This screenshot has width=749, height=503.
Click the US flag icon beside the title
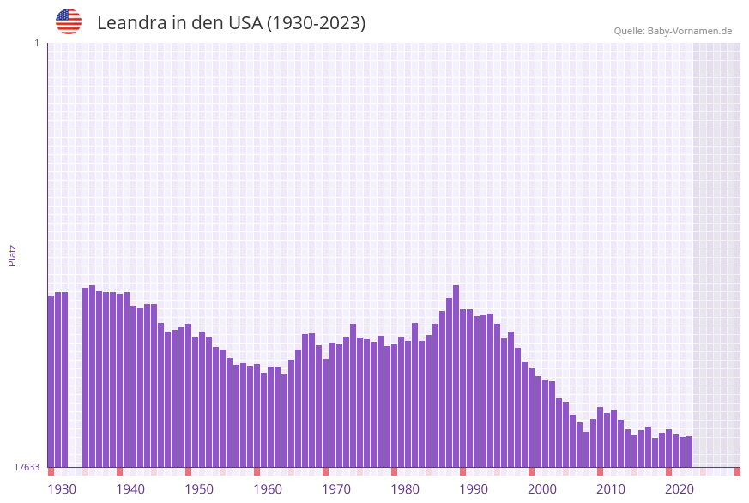tap(69, 21)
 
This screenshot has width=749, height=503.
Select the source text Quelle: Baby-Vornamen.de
tap(673, 31)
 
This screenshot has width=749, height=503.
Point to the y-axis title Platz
tap(12, 254)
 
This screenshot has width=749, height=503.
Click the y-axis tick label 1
tap(36, 43)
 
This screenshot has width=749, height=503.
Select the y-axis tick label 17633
tap(27, 467)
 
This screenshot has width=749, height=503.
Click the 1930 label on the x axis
tap(61, 489)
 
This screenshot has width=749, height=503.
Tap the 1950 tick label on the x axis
tap(199, 489)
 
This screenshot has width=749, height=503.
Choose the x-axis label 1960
tap(268, 489)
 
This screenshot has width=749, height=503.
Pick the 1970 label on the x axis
tap(336, 489)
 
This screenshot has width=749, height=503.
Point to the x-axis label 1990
tap(474, 489)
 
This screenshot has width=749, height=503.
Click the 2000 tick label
tap(542, 489)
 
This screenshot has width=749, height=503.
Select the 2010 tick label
tap(611, 489)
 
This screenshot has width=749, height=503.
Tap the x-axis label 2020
tap(680, 489)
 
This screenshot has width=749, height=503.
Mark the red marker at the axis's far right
tap(737, 471)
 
